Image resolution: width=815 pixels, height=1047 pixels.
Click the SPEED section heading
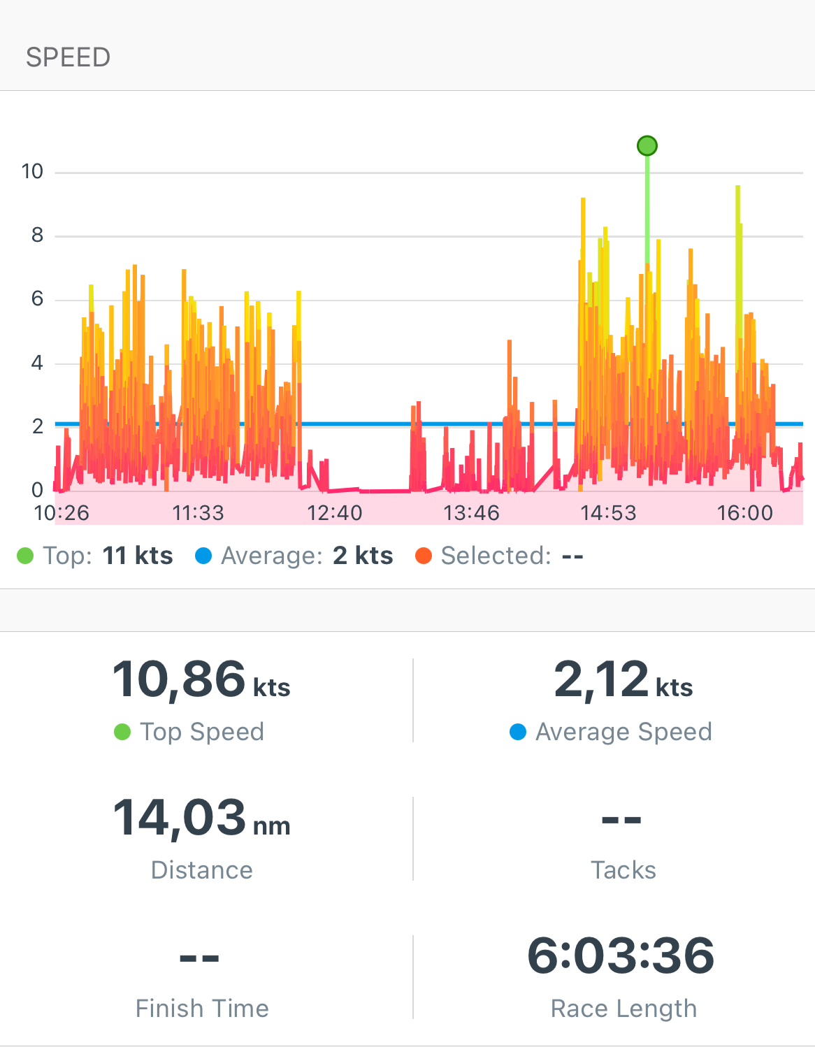(x=68, y=57)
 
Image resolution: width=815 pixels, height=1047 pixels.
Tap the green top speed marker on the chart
(x=647, y=145)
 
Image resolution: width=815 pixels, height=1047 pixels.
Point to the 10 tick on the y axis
(x=32, y=171)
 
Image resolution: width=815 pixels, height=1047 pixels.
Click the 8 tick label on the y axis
(x=37, y=236)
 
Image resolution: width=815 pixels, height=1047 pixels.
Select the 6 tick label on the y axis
(x=37, y=299)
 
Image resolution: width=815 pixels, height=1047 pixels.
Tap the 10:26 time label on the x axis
(x=62, y=513)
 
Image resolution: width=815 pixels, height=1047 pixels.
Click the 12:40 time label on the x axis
(x=335, y=513)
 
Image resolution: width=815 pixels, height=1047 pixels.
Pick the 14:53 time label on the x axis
(x=608, y=513)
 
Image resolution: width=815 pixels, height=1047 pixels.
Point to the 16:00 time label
(x=745, y=513)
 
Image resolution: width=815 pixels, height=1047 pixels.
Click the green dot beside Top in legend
(x=25, y=556)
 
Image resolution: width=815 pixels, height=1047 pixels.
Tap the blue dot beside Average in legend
(x=203, y=556)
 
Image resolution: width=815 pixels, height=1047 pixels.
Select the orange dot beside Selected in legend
(x=424, y=556)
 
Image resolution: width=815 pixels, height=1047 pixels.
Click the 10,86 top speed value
(x=179, y=679)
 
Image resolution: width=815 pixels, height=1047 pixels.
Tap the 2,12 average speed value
(x=602, y=679)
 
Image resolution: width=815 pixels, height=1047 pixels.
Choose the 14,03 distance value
(x=180, y=818)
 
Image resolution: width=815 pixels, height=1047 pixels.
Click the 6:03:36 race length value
(x=621, y=955)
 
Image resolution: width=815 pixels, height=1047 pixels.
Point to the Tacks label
(x=623, y=870)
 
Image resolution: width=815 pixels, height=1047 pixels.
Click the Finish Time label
(x=202, y=1009)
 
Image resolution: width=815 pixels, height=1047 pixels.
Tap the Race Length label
(x=623, y=1009)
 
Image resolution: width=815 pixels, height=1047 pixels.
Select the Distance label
(x=202, y=870)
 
